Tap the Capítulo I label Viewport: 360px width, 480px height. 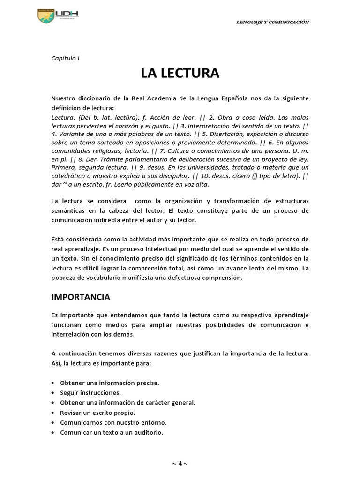point(65,58)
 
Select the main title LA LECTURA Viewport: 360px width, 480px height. point(180,73)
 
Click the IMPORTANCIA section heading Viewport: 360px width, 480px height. point(81,297)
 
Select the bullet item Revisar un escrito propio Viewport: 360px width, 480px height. point(97,412)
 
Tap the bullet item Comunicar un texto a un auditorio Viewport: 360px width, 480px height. point(112,432)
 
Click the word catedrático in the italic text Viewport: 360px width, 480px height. point(68,176)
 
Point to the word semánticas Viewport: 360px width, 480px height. point(68,210)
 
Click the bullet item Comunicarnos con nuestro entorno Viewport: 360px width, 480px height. point(110,422)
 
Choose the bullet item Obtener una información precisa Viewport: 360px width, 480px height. point(110,382)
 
